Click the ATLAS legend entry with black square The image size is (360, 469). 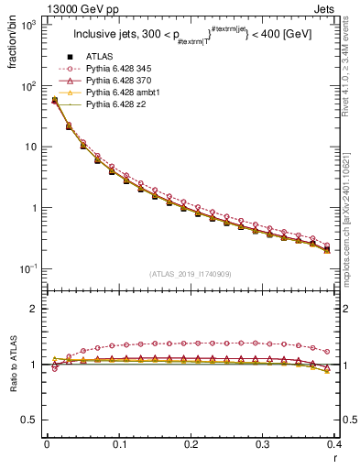click(x=100, y=58)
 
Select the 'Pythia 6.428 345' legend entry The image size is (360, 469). click(x=120, y=70)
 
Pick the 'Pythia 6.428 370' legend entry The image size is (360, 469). click(x=120, y=82)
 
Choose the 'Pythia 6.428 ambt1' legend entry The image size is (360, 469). click(x=123, y=93)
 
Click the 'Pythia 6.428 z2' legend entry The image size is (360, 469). click(x=117, y=105)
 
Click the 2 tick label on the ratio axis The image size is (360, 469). click(x=35, y=309)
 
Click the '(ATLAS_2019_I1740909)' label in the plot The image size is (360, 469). click(x=190, y=274)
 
